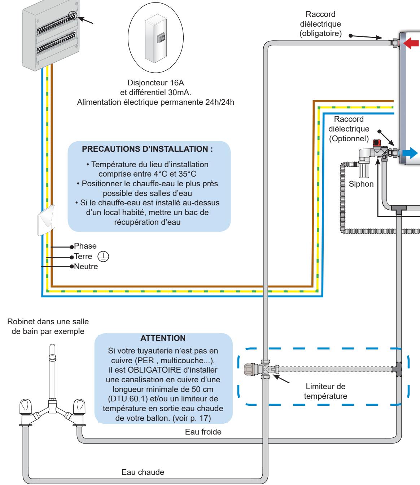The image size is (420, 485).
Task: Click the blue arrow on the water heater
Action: point(410,153)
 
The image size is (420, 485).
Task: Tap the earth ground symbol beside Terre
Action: point(103,256)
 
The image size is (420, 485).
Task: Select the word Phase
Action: point(85,246)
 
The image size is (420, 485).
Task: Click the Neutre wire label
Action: point(86,267)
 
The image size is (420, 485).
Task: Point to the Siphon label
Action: point(361,184)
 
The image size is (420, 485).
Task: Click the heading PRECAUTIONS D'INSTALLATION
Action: point(147,149)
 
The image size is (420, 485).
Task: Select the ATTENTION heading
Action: point(163,338)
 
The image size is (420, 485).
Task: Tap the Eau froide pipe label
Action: point(203,432)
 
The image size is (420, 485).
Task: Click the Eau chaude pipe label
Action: point(143,472)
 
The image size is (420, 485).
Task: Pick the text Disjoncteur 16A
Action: point(156,83)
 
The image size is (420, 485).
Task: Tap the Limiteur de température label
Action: point(325,391)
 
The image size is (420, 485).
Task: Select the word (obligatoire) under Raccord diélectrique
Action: point(320,34)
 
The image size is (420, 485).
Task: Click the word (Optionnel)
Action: point(349,139)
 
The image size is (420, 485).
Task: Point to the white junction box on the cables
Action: point(47,220)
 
